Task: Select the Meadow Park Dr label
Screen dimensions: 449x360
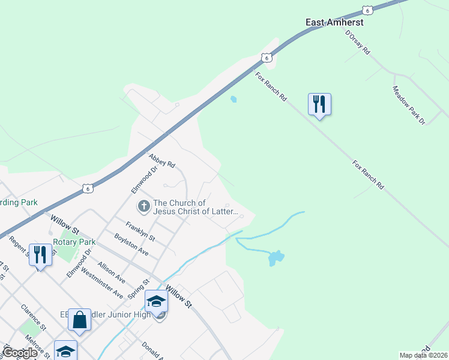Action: [408, 105]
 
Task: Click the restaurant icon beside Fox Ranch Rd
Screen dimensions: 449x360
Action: [319, 104]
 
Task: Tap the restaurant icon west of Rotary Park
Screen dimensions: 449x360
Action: [40, 254]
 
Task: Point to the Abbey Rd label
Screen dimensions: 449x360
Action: [162, 160]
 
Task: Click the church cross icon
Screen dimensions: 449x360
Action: [143, 207]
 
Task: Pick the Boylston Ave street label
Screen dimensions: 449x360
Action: [131, 245]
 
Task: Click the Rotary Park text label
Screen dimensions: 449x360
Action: [74, 242]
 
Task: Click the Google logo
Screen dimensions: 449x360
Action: [20, 353]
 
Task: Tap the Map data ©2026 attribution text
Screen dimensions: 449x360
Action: [423, 355]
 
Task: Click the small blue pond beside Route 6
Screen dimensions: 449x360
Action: [234, 100]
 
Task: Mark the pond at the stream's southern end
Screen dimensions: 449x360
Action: [275, 258]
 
